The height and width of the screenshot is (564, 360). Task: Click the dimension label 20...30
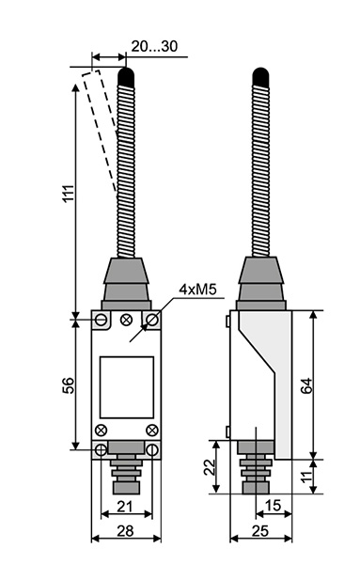[x=154, y=46]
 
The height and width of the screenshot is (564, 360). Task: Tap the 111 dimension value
[x=69, y=194]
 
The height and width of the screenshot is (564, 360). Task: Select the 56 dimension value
[x=69, y=385]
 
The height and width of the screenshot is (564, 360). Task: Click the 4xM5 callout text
[x=198, y=290]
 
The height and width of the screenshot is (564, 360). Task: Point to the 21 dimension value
[x=125, y=507]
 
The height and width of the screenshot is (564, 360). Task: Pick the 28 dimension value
[x=125, y=530]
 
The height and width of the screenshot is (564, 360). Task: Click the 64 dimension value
[x=306, y=386]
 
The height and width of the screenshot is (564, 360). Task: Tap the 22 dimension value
[x=210, y=467]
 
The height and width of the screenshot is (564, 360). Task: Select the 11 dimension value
[x=305, y=477]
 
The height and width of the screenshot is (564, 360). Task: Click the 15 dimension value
[x=273, y=506]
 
